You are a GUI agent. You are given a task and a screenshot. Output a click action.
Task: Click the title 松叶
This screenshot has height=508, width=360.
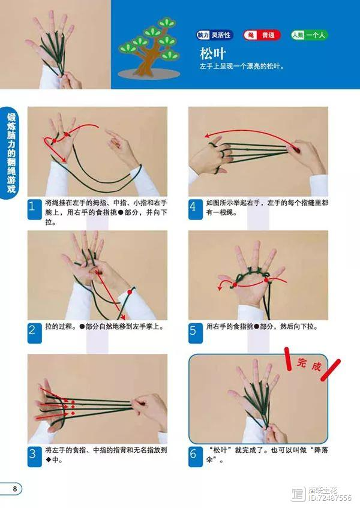click(212, 53)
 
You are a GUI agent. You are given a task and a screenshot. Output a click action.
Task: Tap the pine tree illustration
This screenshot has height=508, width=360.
click(149, 49)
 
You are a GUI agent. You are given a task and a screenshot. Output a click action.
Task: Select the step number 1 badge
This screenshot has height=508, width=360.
click(34, 209)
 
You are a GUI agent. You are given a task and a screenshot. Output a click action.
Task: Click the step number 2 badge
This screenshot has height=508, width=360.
click(34, 333)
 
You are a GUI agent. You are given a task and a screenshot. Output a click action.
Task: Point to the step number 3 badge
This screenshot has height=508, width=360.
click(34, 456)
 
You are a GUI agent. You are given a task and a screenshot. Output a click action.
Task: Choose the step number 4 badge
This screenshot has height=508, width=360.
click(196, 209)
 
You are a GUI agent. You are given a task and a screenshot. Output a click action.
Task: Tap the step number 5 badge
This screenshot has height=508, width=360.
click(196, 333)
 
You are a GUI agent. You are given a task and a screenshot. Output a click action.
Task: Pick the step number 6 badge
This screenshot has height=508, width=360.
click(196, 456)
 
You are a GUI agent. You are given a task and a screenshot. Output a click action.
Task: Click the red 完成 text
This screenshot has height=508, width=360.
click(309, 365)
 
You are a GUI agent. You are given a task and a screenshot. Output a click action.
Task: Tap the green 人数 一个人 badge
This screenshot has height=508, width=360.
click(309, 35)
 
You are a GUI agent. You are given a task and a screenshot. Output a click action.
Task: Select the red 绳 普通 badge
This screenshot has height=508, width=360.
click(262, 35)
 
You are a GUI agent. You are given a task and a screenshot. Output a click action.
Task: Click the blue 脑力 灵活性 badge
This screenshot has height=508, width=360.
click(214, 35)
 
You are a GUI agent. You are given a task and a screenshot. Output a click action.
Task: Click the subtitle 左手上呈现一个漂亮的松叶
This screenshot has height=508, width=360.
click(242, 67)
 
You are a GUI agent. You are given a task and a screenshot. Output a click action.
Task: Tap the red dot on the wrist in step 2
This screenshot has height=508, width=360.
click(130, 292)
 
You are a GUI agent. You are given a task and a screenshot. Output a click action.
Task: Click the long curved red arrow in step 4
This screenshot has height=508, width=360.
click(250, 131)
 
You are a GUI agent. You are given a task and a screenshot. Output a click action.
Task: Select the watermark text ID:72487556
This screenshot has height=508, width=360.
click(329, 498)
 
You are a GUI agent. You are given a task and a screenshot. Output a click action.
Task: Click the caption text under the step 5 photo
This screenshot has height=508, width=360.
click(262, 326)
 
